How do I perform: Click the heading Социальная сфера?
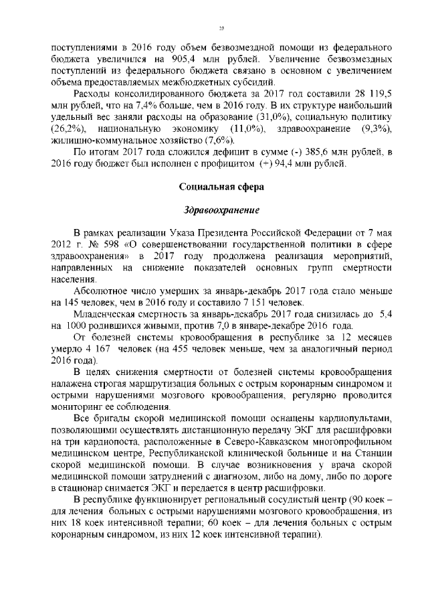pos(221,186)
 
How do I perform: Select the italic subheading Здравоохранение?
pos(221,210)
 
